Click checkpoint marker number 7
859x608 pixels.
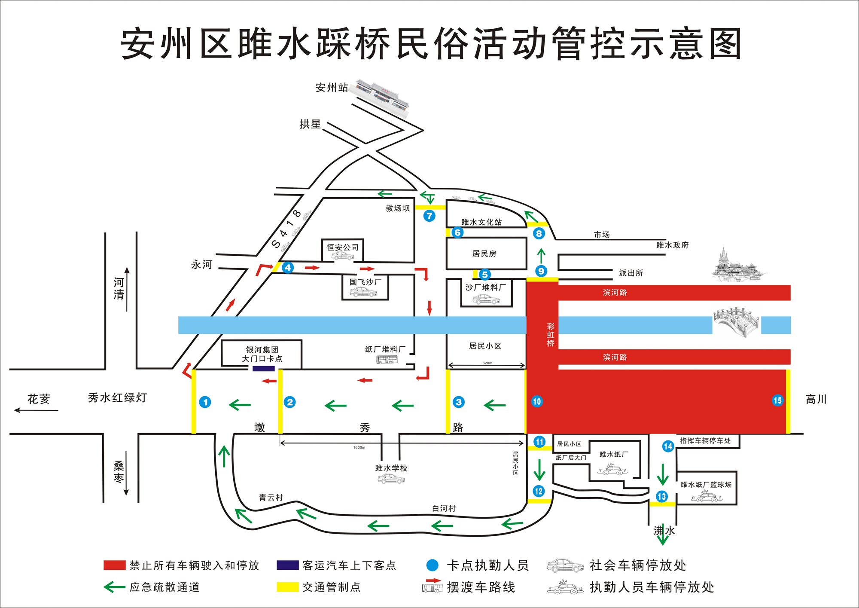click(429, 216)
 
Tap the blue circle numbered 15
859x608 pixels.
click(777, 400)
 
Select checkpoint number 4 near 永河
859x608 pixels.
click(288, 268)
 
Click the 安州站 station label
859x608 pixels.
click(332, 88)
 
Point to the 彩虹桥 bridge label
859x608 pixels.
click(551, 335)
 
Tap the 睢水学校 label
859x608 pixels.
click(391, 468)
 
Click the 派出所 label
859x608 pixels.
click(631, 273)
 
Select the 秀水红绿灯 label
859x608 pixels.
click(117, 398)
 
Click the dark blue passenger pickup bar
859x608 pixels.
click(263, 369)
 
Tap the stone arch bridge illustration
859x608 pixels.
click(736, 322)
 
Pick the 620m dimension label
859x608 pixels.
click(487, 363)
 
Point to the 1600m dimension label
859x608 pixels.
click(359, 447)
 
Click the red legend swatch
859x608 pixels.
click(114, 565)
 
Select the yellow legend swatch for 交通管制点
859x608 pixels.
click(287, 587)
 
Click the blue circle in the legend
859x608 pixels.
click(433, 565)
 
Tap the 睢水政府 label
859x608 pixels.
click(672, 245)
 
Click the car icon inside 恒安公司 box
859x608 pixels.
click(342, 256)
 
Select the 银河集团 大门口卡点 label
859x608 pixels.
click(262, 354)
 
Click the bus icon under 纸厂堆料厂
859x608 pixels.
click(387, 360)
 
